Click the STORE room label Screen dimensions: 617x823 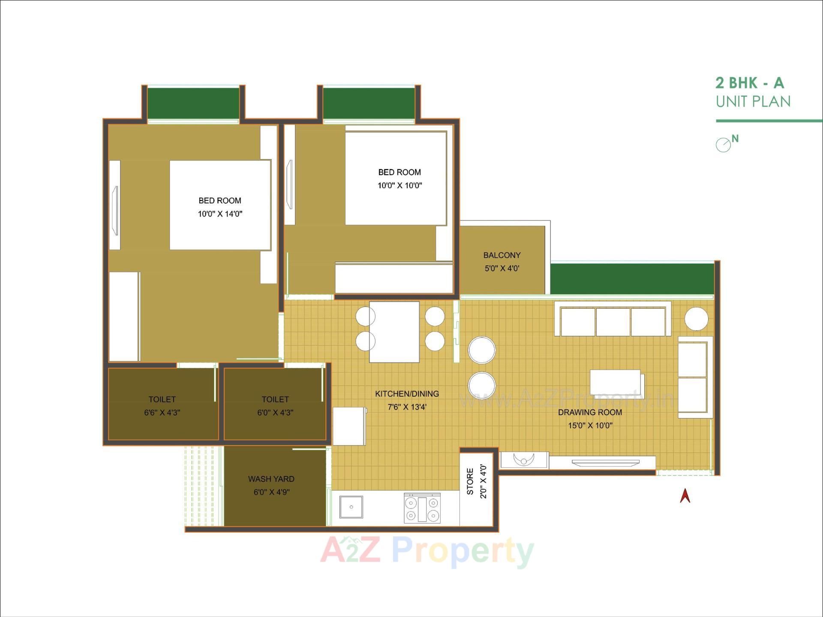pyautogui.click(x=470, y=482)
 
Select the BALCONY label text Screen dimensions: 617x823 pyautogui.click(x=502, y=255)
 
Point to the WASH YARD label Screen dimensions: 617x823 pyautogui.click(x=271, y=479)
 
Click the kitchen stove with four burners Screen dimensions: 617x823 pyautogui.click(x=422, y=508)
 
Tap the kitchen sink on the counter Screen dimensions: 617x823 pyautogui.click(x=351, y=507)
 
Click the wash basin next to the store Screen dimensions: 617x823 pyautogui.click(x=523, y=460)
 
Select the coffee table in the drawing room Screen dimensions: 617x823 pyautogui.click(x=616, y=382)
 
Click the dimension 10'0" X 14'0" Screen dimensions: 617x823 pyautogui.click(x=220, y=214)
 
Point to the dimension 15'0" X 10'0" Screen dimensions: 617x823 pyautogui.click(x=590, y=426)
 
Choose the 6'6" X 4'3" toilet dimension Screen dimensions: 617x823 pyautogui.click(x=162, y=413)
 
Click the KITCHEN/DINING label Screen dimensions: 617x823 pyautogui.click(x=407, y=394)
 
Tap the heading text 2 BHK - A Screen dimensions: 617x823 pyautogui.click(x=749, y=83)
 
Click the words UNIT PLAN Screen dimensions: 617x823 pyautogui.click(x=753, y=102)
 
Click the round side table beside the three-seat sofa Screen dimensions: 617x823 pyautogui.click(x=696, y=319)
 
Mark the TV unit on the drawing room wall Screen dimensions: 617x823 pyautogui.click(x=605, y=462)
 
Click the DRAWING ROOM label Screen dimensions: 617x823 pyautogui.click(x=590, y=412)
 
